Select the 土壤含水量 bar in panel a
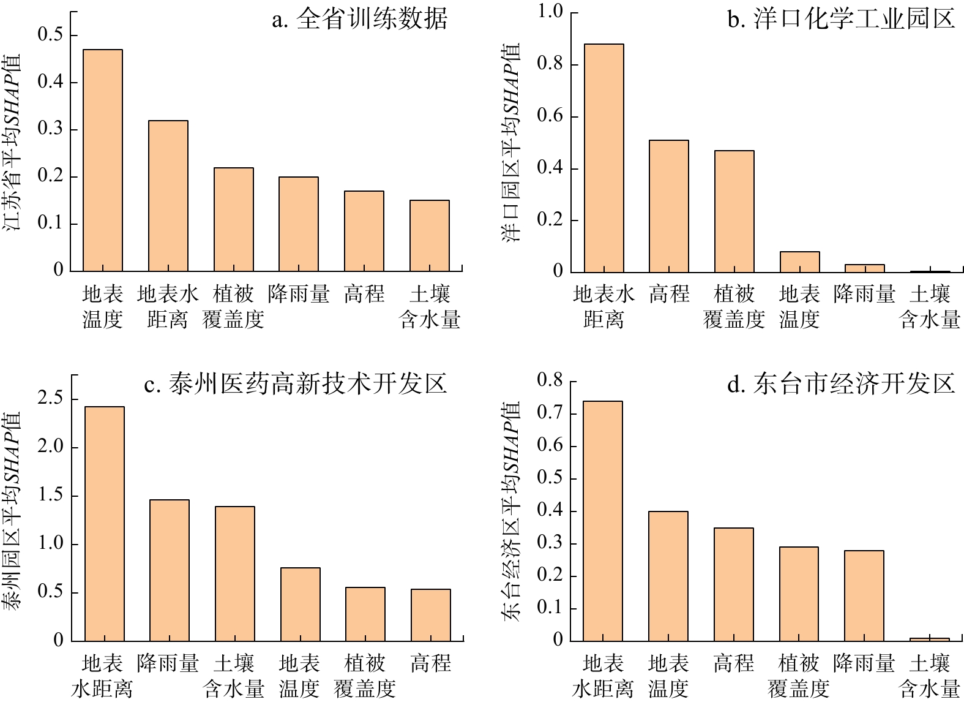(430, 236)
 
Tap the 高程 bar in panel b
(669, 206)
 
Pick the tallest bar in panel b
(604, 158)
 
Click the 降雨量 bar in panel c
(170, 570)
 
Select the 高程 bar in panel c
(431, 615)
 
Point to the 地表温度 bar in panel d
(668, 576)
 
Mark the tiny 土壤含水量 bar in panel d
(929, 640)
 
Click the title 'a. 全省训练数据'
(360, 20)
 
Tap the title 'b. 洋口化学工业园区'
(841, 20)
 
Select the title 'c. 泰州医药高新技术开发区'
(296, 384)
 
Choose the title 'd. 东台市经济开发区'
(841, 384)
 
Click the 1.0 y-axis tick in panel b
(550, 11)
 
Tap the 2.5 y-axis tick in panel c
(50, 399)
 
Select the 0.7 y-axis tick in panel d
(550, 413)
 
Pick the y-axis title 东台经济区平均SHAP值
(512, 511)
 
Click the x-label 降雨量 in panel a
(299, 294)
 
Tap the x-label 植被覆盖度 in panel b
(734, 306)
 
